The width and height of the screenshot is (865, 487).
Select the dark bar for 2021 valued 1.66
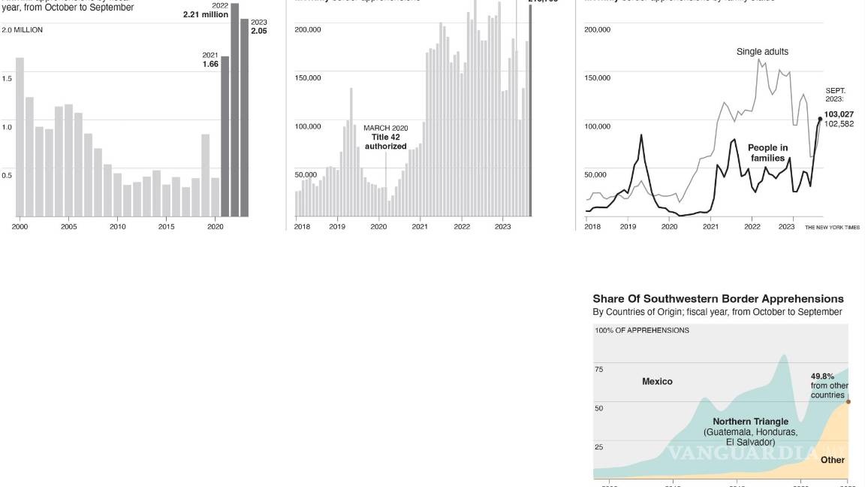(225, 136)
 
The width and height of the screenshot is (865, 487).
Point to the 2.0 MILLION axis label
(23, 30)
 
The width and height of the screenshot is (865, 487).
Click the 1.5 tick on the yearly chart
(7, 78)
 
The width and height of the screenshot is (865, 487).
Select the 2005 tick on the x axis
(68, 226)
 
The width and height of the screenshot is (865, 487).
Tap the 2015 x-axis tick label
(166, 226)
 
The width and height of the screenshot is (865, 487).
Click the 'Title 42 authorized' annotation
(386, 142)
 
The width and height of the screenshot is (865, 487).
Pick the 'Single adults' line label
(762, 52)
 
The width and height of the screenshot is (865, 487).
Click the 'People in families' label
(767, 153)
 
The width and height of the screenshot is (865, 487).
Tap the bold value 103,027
(839, 114)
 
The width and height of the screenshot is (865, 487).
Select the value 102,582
(839, 123)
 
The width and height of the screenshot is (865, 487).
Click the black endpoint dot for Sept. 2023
(820, 119)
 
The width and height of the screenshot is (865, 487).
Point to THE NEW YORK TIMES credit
(832, 227)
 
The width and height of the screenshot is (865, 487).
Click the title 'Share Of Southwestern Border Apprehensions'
(718, 298)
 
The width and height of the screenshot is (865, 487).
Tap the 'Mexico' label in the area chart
(657, 381)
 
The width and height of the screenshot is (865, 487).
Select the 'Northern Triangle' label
(750, 422)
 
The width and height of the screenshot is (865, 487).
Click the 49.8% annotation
(823, 376)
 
